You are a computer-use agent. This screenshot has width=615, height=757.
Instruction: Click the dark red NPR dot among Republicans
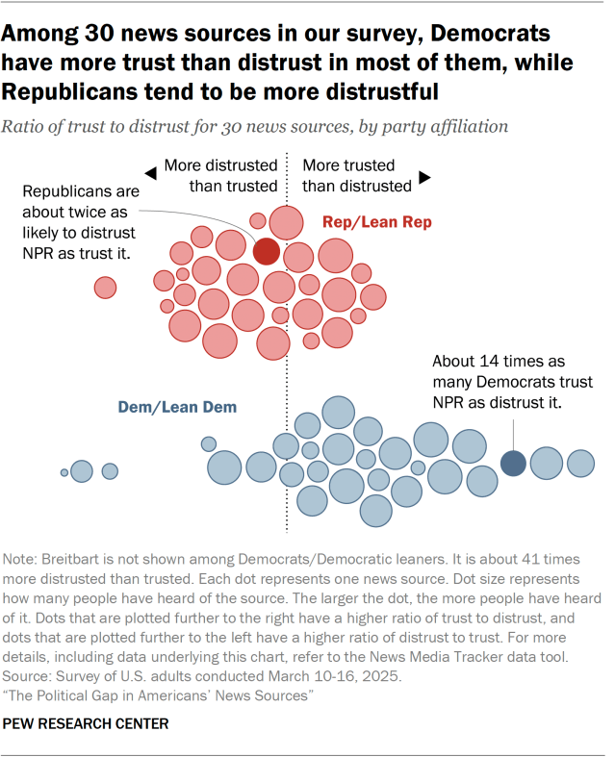point(267,251)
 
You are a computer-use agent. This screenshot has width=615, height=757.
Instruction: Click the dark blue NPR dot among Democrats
point(513,463)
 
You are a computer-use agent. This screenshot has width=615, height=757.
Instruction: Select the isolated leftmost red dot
point(105,287)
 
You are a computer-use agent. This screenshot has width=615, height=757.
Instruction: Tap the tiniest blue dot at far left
point(64,472)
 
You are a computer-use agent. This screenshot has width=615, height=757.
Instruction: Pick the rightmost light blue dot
point(580,463)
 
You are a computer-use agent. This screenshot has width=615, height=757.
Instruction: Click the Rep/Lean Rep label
point(376,222)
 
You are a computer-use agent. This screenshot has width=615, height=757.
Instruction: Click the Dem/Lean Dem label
point(177,407)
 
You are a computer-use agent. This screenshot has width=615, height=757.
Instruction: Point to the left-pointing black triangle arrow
point(150,173)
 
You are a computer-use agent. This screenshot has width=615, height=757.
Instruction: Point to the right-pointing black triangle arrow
point(424,179)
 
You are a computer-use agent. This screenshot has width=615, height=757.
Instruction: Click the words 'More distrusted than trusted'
point(220,175)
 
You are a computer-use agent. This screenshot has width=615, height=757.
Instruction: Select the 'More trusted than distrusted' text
point(356,175)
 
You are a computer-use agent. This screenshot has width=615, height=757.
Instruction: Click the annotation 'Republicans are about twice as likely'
point(79,221)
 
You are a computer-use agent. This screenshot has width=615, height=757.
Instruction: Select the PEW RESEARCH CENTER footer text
point(86,723)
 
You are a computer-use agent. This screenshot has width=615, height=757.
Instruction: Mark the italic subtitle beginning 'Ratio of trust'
point(255,126)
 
